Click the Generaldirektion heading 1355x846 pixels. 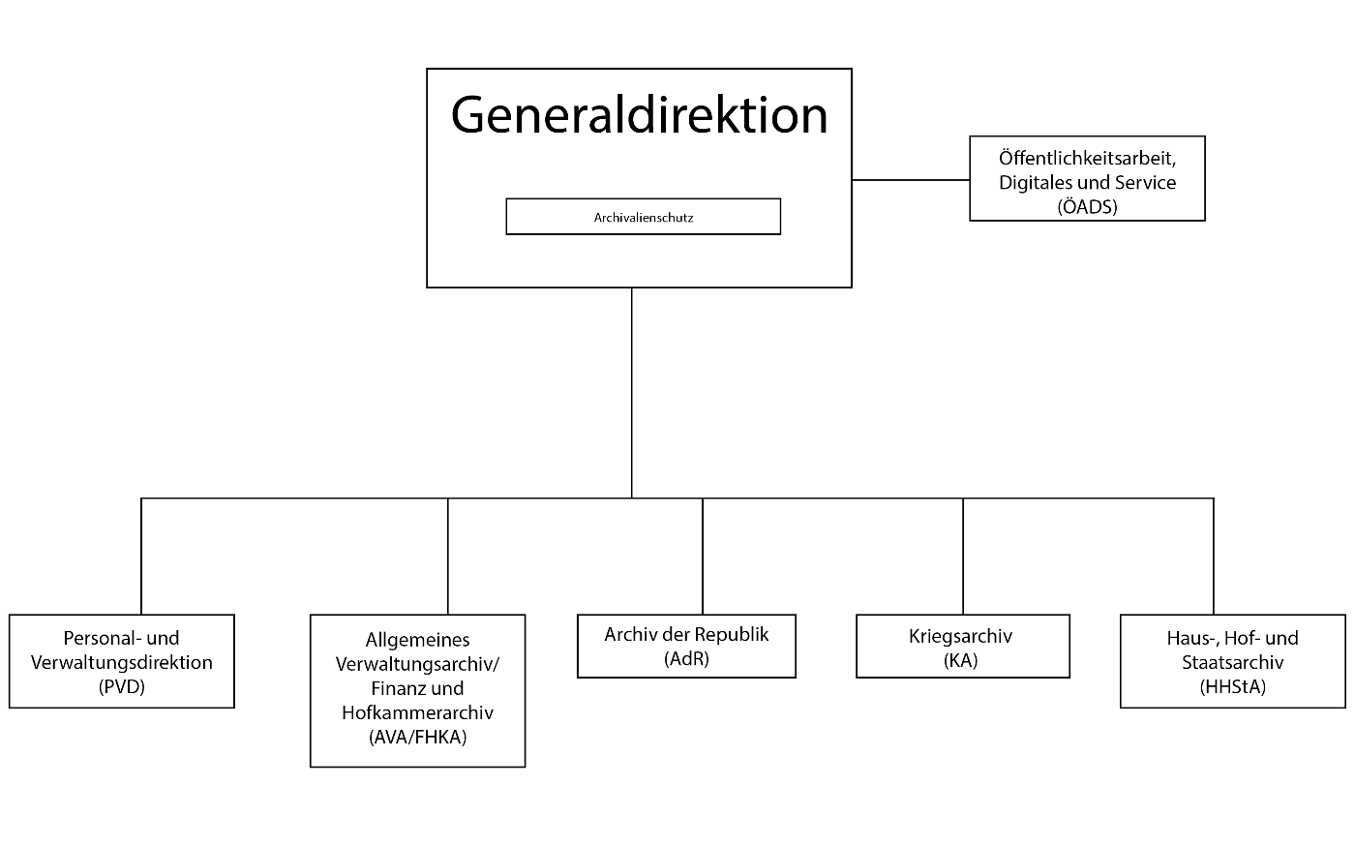[x=639, y=115]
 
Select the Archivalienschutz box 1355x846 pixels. [x=643, y=217]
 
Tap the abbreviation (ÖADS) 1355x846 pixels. [x=1087, y=207]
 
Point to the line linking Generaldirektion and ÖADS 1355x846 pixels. [x=911, y=180]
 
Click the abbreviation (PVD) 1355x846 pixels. [x=122, y=686]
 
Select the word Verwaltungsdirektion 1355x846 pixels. [x=122, y=662]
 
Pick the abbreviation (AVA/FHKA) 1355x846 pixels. [x=417, y=737]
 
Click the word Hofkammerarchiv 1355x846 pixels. [x=417, y=712]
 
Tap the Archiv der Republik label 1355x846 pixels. [x=686, y=634]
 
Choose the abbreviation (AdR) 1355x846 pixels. [x=686, y=658]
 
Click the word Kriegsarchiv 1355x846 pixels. [x=960, y=636]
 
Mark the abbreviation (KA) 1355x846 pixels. [x=960, y=660]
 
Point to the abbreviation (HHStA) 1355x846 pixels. [x=1232, y=686]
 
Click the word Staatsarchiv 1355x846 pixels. [x=1232, y=662]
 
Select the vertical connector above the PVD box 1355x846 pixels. [x=141, y=557]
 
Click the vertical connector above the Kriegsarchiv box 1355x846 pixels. [x=962, y=557]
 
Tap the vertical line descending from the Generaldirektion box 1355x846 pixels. [x=631, y=393]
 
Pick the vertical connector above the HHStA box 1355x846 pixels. [x=1213, y=557]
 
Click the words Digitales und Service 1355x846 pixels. [x=1087, y=182]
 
